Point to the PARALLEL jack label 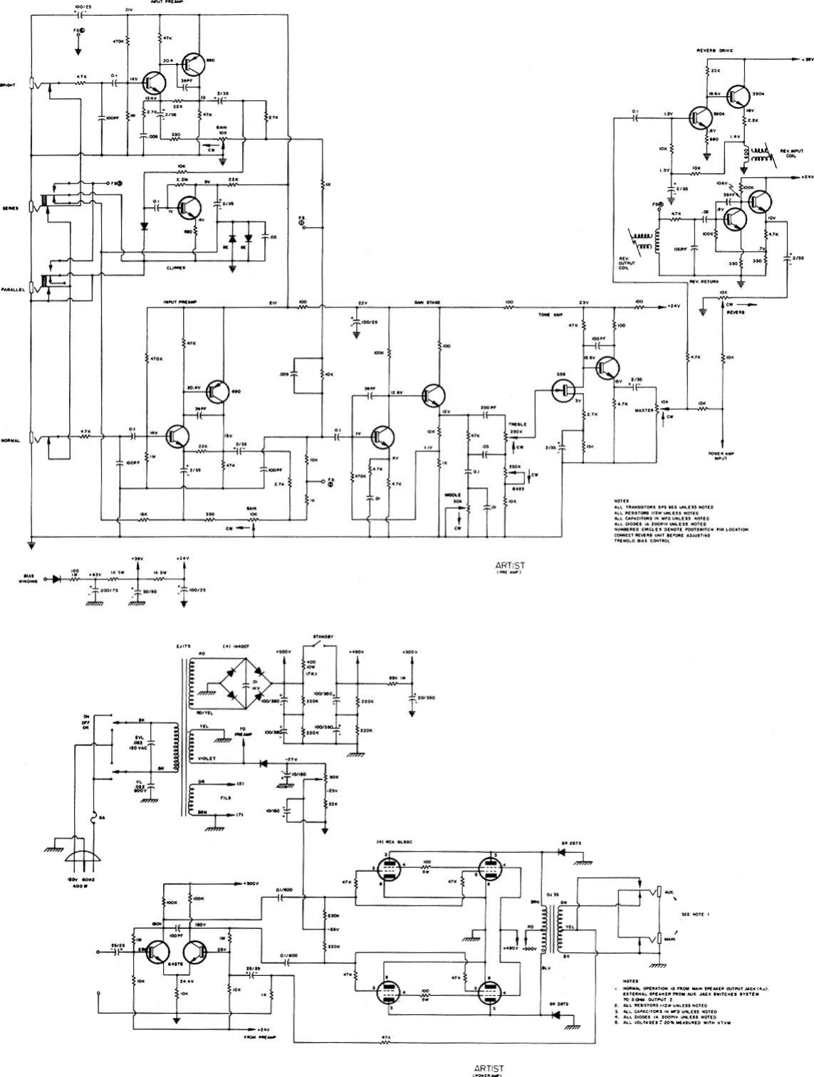[14, 290]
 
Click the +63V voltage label [94, 573]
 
